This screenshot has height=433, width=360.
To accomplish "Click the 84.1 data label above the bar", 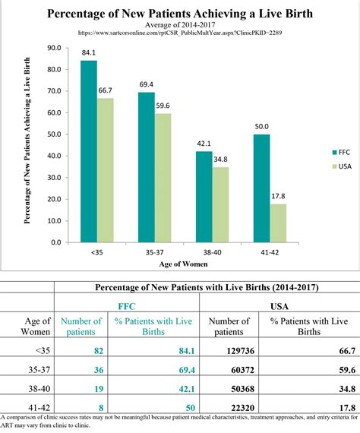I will coord(89,53).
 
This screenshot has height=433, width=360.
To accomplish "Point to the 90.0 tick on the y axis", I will coord(55,47).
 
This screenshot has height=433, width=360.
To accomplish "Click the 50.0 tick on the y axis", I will coord(55,134).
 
